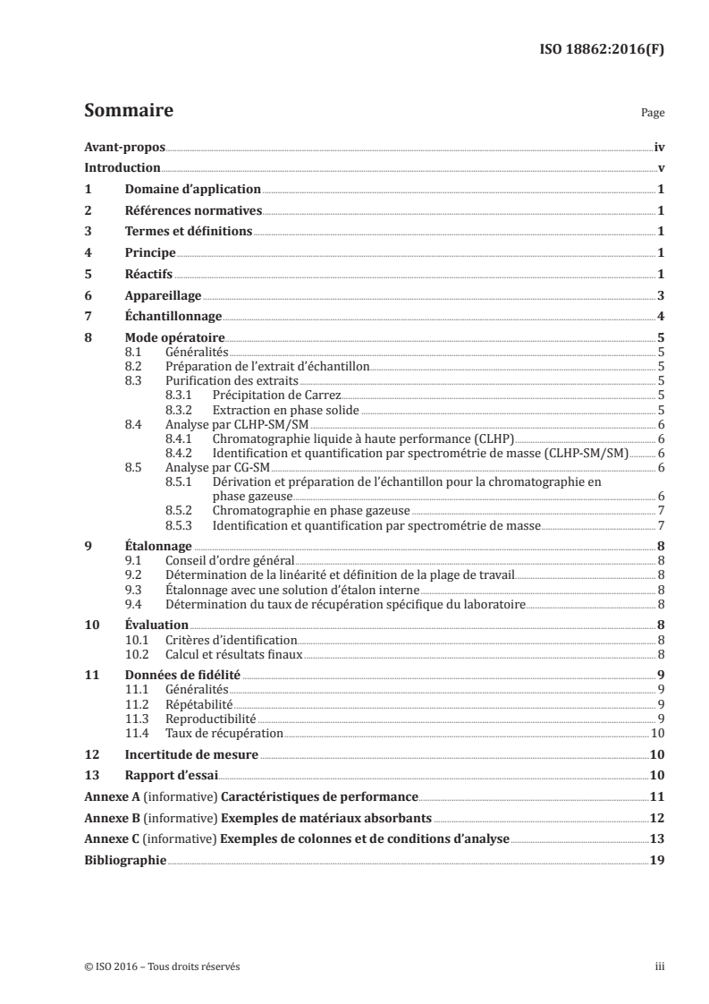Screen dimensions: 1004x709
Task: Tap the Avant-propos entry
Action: click(x=124, y=147)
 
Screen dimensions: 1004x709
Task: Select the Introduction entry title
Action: click(x=122, y=168)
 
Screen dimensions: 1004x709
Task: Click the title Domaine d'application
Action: click(x=192, y=190)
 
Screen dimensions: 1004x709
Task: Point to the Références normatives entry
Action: click(x=193, y=211)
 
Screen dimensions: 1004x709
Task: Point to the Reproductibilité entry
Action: click(x=211, y=718)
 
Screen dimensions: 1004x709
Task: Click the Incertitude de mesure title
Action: click(x=191, y=754)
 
